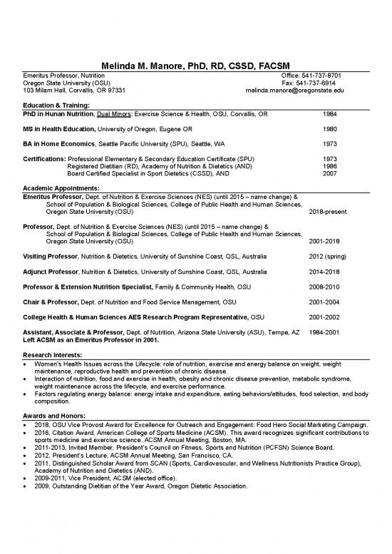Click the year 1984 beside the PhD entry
pos(330,113)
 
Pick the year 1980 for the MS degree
pos(330,128)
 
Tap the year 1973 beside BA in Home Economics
pos(330,143)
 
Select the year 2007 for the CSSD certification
pos(330,173)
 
